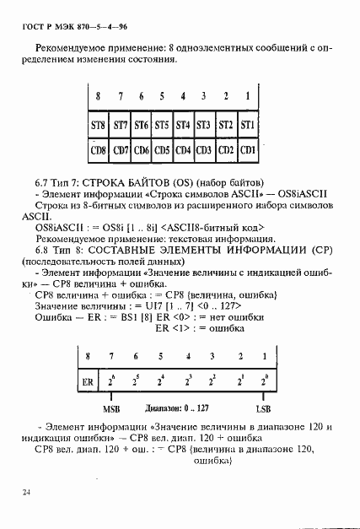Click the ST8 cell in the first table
[x=99, y=126]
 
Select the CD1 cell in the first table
[x=247, y=151]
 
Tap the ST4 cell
[x=182, y=126]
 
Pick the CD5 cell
[x=161, y=151]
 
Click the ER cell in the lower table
[x=88, y=382]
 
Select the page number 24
[x=27, y=489]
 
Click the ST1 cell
[x=247, y=126]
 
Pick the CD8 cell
[x=99, y=151]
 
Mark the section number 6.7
[x=44, y=181]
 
